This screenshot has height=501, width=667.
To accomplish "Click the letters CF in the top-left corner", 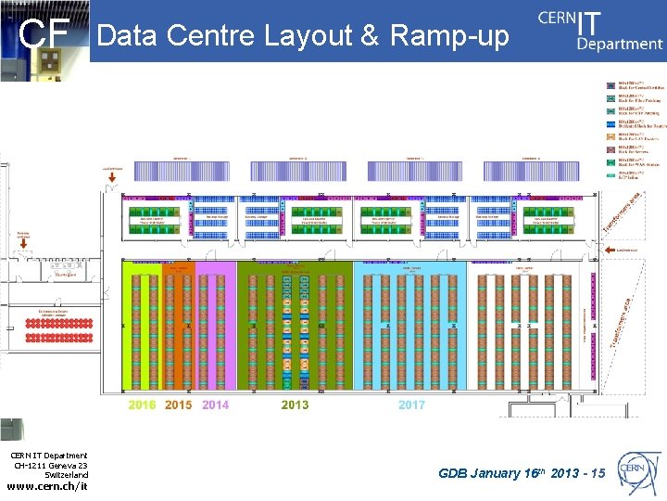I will pos(45,36).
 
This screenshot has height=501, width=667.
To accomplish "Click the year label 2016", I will pos(142,405).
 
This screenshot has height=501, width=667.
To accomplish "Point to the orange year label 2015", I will pos(178,405).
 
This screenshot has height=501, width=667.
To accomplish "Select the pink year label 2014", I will pos(215,405).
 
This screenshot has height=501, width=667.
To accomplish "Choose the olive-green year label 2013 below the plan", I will pos(295,405).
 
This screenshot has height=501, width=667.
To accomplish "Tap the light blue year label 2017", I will pos(411,405).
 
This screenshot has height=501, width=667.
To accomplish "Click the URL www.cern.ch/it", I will pos(48,486).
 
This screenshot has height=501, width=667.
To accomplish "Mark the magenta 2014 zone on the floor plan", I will pos(215,325).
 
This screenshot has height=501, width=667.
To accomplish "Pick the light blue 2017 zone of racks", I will pos(409,325).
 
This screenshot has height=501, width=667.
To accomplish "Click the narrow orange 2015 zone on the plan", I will pos(178,325).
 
